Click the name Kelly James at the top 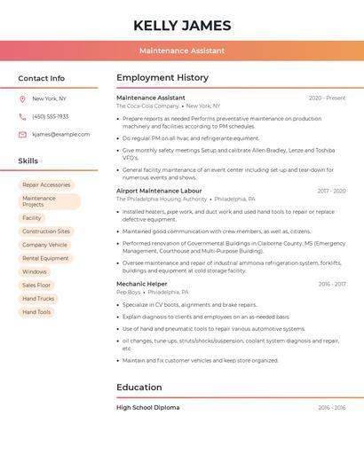182,26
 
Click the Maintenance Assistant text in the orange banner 182,51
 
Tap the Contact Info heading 41,78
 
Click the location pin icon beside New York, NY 22,98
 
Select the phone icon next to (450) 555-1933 22,116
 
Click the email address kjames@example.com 60,134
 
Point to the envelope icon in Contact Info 22,134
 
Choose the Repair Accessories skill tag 46,184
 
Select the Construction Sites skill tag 46,231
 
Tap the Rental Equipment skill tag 45,258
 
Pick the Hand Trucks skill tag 38,299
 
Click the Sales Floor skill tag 36,285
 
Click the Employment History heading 162,78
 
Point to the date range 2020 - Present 327,98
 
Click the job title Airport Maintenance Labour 159,191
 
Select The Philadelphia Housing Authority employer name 162,200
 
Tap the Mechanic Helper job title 142,284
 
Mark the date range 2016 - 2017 332,284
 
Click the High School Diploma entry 147,407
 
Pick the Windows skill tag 35,271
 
